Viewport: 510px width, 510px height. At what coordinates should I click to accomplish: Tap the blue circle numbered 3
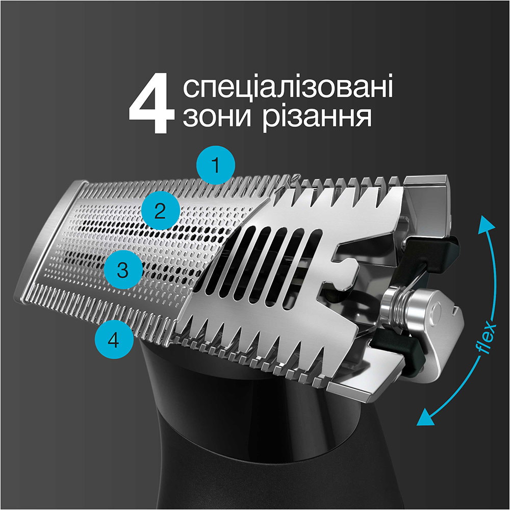122,270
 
